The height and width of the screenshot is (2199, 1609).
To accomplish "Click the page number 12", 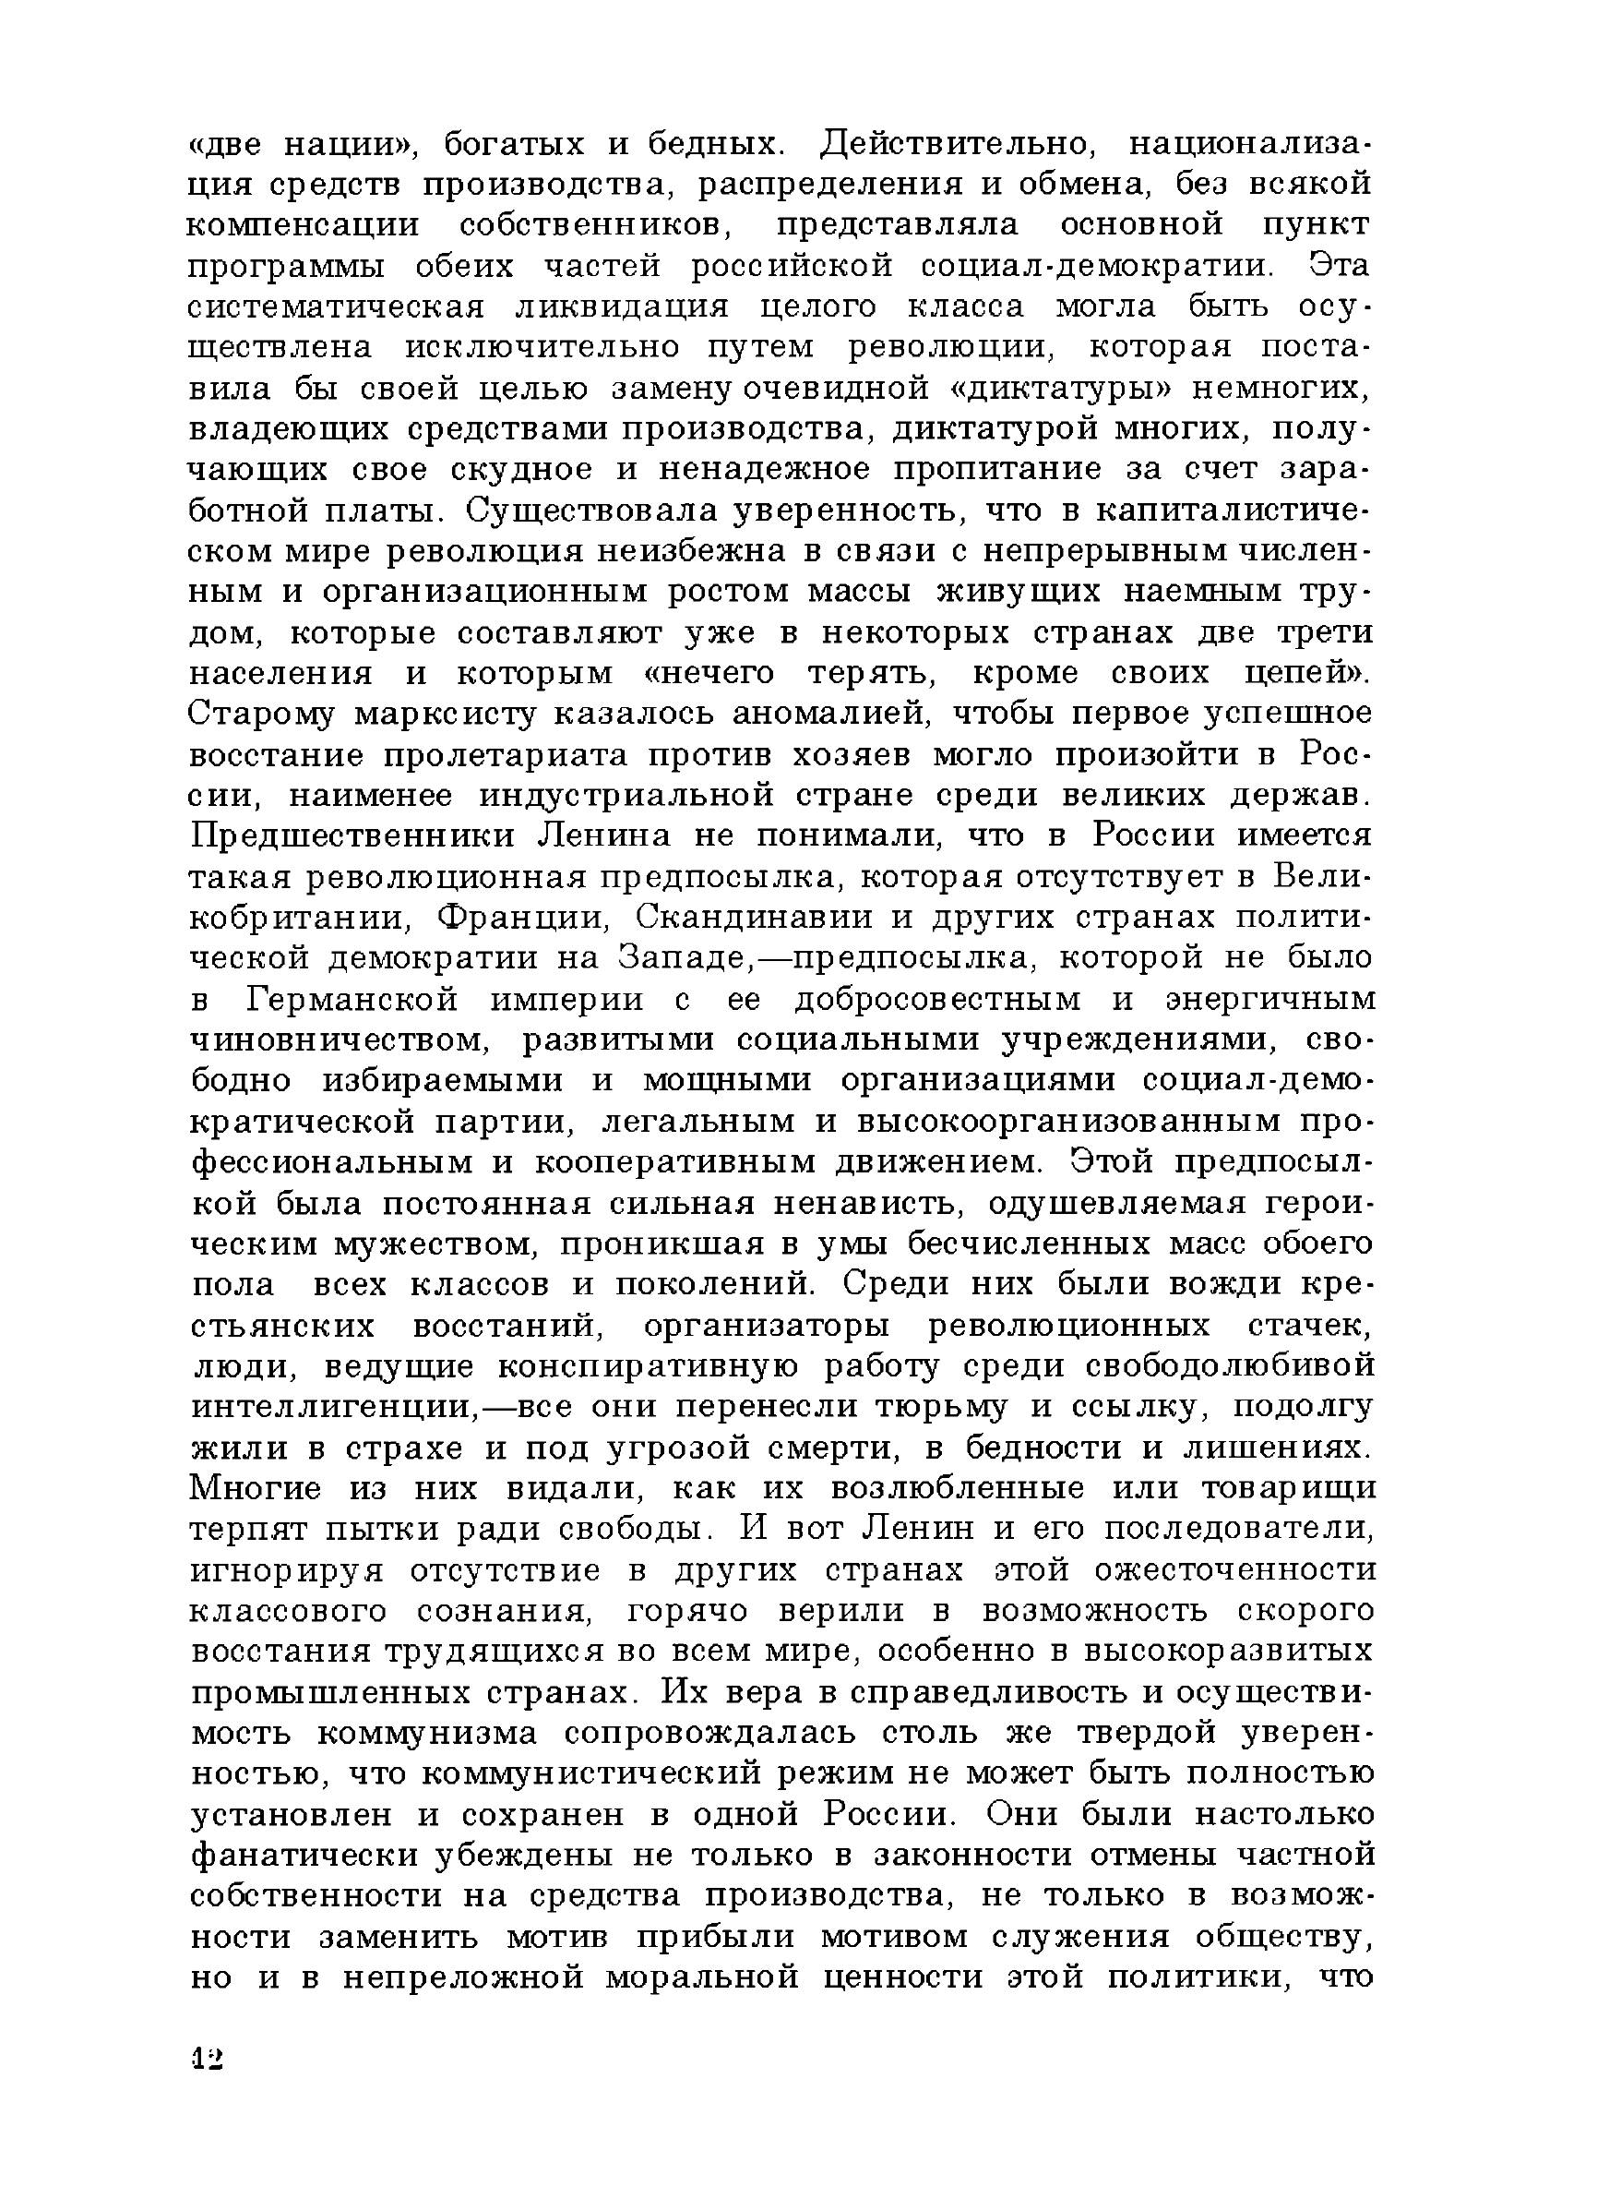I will [208, 2059].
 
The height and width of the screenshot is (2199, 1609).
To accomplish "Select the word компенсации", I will [303, 226].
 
